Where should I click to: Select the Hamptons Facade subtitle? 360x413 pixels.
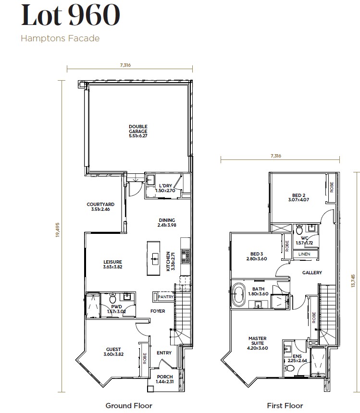point(60,38)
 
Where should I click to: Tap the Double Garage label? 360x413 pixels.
point(138,131)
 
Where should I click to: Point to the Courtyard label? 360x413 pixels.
point(100,206)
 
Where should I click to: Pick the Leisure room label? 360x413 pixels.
point(112,264)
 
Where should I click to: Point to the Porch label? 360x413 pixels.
point(164,379)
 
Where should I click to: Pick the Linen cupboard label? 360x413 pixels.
point(304,254)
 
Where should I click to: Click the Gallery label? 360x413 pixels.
point(311,273)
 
